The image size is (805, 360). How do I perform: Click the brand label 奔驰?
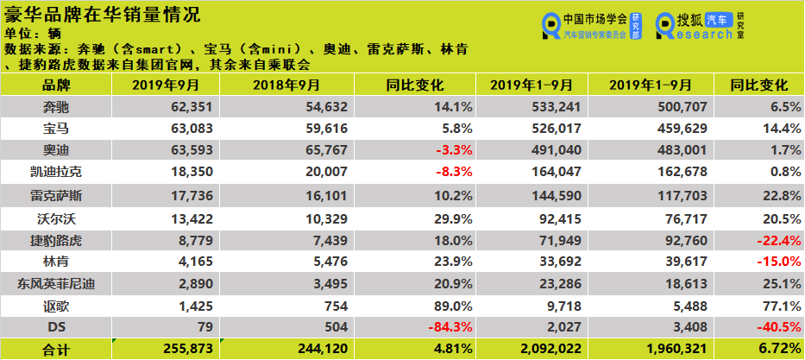[x=57, y=107]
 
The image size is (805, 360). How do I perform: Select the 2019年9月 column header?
[x=166, y=85]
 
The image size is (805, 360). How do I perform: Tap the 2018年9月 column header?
[x=286, y=85]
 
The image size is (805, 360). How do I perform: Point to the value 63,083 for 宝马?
[x=186, y=129]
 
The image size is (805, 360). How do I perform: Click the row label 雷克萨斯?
[x=57, y=195]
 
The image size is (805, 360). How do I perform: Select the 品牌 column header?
[x=57, y=85]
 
